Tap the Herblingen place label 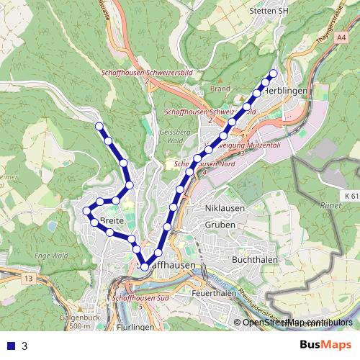pos(287,91)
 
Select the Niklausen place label pos(225,209)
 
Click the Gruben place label pos(220,224)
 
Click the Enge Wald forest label pos(51,255)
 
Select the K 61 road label pos(351,195)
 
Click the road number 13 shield pos(28,277)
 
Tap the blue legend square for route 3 pos(11,346)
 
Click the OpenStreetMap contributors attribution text pos(297,323)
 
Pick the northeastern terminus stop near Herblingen pos(273,74)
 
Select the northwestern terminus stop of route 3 pos(99,127)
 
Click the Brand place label pos(220,89)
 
